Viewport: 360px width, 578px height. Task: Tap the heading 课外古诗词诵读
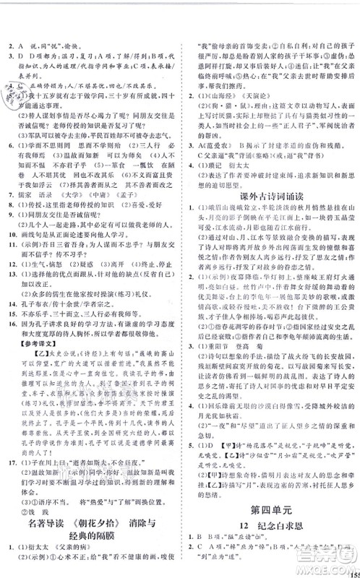[x=275, y=195]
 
